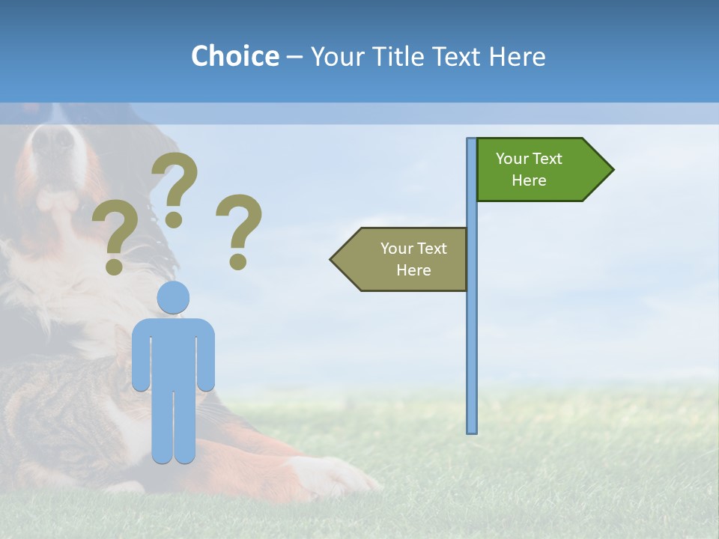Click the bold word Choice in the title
(234, 56)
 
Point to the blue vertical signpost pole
(471, 337)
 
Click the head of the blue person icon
(173, 297)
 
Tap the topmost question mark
(175, 187)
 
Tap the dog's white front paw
(337, 475)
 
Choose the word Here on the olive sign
(413, 270)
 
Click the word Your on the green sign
(512, 159)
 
